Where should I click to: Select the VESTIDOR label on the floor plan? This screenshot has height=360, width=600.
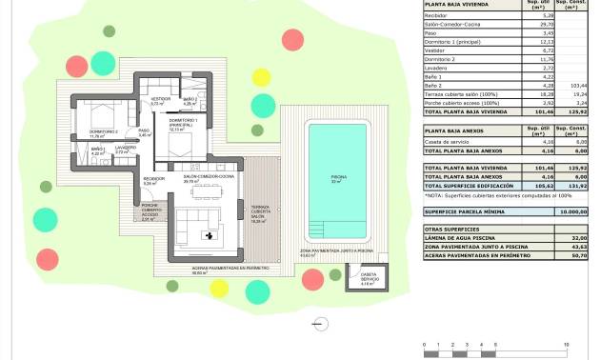[160, 101]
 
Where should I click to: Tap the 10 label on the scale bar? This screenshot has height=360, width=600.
[567, 343]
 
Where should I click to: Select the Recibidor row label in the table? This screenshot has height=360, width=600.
[439, 15]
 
